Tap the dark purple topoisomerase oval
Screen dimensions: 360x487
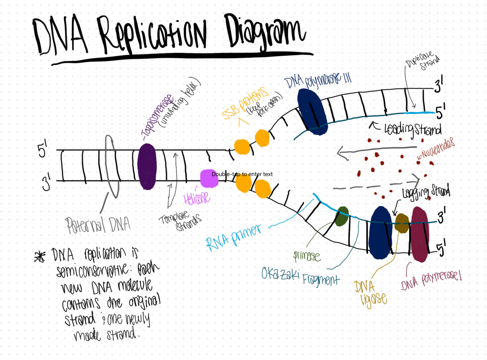click(147, 166)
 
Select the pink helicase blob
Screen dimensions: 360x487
click(209, 178)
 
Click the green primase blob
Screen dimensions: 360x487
click(342, 216)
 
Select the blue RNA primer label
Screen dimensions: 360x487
click(233, 237)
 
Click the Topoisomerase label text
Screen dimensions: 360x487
click(158, 116)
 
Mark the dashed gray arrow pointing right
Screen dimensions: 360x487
click(376, 186)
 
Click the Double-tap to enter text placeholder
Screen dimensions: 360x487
click(242, 174)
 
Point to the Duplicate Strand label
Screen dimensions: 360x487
click(423, 61)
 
